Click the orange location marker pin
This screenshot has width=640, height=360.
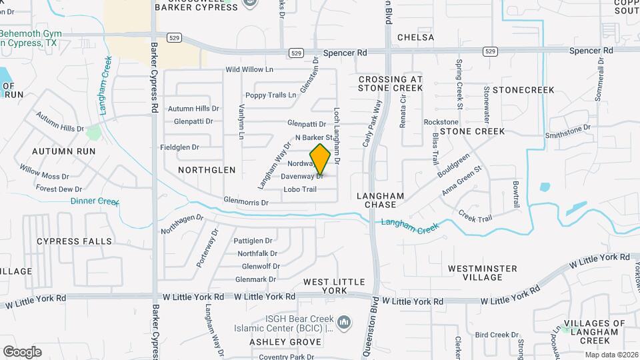click(x=321, y=159)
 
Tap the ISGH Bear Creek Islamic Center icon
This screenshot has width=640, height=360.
click(x=345, y=323)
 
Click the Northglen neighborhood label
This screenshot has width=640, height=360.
click(x=207, y=170)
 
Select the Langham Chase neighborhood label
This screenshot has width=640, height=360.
click(x=381, y=200)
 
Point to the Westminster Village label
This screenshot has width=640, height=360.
click(x=482, y=273)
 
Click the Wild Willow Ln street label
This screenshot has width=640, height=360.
click(x=249, y=69)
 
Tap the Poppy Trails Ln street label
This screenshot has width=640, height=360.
click(x=270, y=95)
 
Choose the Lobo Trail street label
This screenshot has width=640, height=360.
click(x=300, y=190)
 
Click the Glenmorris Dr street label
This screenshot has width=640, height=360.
click(x=245, y=202)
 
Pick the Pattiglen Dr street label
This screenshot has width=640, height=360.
click(x=254, y=241)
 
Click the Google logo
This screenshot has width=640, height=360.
click(x=22, y=351)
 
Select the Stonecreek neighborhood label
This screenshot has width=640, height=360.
click(x=523, y=89)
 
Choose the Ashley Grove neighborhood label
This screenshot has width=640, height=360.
click(x=275, y=342)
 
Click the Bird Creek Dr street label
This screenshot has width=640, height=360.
click(x=497, y=335)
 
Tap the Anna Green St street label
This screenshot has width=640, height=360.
click(x=461, y=181)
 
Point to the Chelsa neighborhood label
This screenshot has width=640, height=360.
click(x=415, y=38)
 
